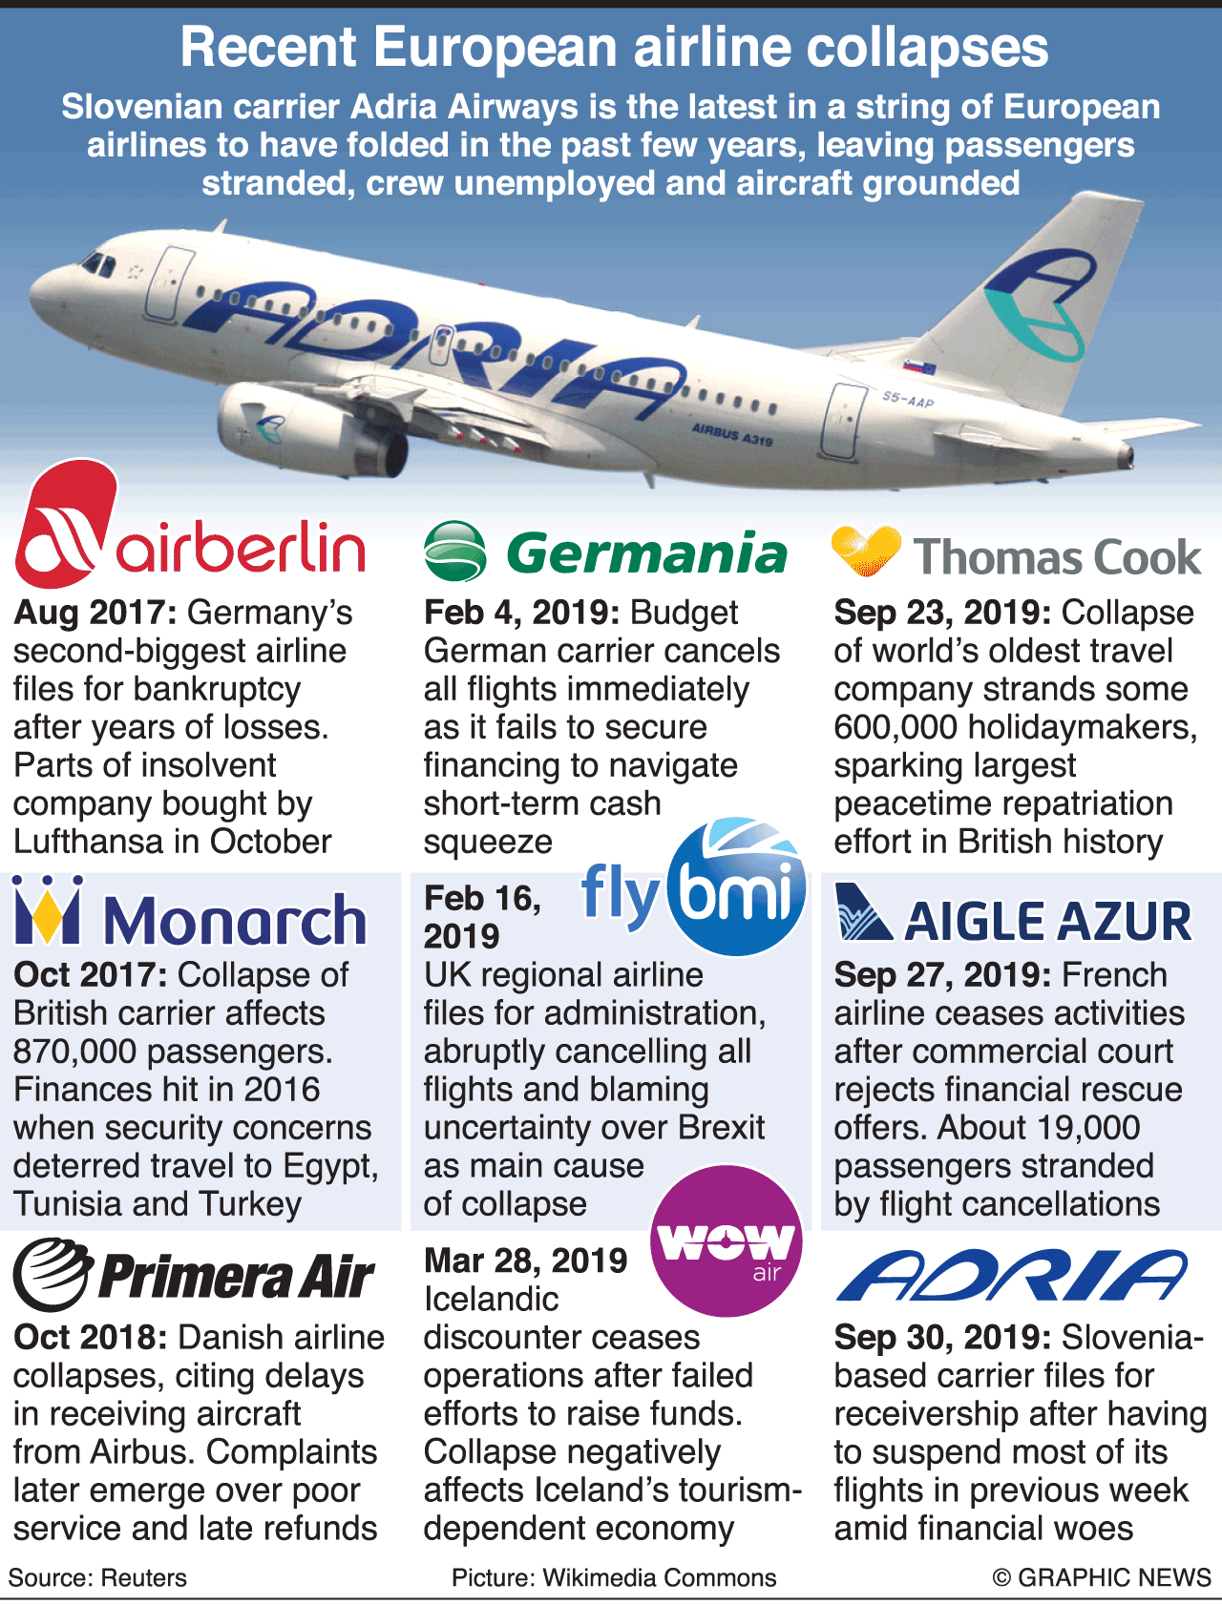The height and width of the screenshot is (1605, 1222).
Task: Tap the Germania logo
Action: (x=606, y=552)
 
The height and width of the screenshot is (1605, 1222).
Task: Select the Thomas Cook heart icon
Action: (x=866, y=551)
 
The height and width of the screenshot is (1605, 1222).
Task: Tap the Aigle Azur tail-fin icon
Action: (x=862, y=914)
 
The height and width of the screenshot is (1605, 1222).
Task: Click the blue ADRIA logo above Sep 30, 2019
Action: (x=1012, y=1276)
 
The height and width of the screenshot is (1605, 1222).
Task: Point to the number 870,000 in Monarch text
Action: (x=74, y=1052)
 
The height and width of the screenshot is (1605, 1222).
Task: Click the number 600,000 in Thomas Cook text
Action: (x=895, y=727)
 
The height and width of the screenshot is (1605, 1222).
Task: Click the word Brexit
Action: (x=722, y=1128)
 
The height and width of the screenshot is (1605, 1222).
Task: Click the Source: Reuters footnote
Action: (x=97, y=1577)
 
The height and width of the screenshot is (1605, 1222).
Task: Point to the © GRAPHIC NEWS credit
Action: (x=1102, y=1577)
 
